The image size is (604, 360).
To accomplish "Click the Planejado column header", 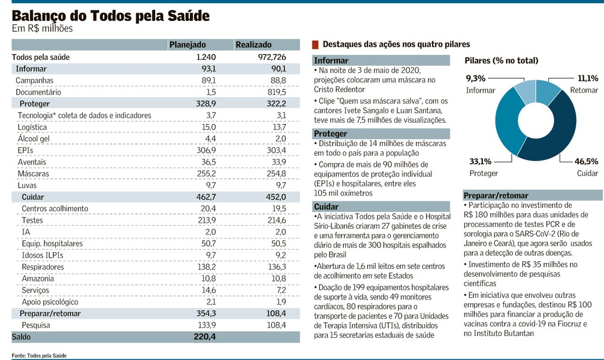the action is tap(188, 45).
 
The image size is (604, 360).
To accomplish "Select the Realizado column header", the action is tap(253, 45).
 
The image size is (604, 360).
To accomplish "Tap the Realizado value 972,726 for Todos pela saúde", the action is tap(272, 57).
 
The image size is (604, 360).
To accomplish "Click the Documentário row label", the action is tap(38, 92).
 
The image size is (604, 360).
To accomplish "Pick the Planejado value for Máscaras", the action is tap(206, 174).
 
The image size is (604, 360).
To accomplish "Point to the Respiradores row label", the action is tap(43, 267).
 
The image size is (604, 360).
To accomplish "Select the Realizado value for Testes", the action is tap(276, 220).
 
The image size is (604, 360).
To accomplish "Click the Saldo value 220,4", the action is tap(204, 337).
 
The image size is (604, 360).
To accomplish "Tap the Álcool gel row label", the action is tap(34, 138).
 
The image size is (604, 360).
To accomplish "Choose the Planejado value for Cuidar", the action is tap(206, 197).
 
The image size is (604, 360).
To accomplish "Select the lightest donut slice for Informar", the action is tap(525, 93).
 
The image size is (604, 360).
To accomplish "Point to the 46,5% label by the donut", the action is tap(586, 161).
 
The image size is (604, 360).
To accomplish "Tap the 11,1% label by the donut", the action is tap(588, 78).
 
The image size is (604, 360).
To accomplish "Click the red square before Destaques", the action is tap(315, 45).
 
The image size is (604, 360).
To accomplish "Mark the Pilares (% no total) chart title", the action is tap(501, 60).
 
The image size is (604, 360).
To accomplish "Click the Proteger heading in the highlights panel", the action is tap(331, 134).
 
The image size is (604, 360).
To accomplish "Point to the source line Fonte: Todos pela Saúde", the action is tap(39, 355).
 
